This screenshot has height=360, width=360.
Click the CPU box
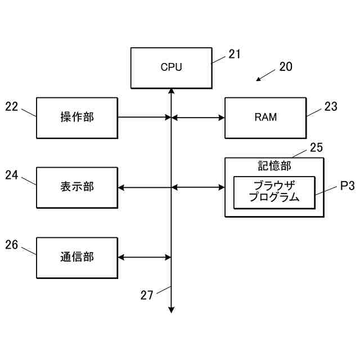coord(171,68)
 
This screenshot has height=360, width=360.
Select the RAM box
coord(265,118)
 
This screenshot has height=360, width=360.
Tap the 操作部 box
coord(77,118)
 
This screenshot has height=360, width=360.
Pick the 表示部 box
coord(77,188)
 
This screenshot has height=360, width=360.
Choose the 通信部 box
coord(77,258)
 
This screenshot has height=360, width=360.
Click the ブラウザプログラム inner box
coord(274,192)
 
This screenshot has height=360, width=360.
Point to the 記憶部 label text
coord(274,166)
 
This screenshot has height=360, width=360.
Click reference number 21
coord(235,54)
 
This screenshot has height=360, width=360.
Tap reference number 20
coord(286,66)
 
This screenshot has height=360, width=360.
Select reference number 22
coord(11,106)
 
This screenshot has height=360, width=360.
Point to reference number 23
coord(331,106)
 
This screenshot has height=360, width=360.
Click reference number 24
coord(11,175)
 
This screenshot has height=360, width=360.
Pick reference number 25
coord(316,147)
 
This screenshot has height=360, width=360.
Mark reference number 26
coord(11,245)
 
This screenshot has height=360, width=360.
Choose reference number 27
coord(147,295)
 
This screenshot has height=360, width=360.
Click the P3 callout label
coord(348,186)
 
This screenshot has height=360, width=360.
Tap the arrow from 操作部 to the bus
coord(145,118)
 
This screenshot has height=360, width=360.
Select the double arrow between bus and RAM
coord(198,118)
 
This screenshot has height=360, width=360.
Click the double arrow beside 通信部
coord(145,258)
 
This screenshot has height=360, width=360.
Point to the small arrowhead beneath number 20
coord(259,79)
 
